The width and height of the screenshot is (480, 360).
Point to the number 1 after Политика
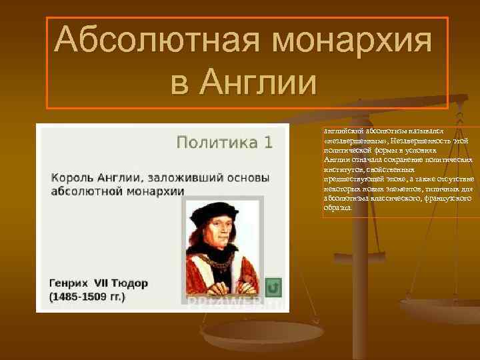coord(268,142)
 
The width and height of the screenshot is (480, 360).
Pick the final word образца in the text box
coord(337,207)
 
